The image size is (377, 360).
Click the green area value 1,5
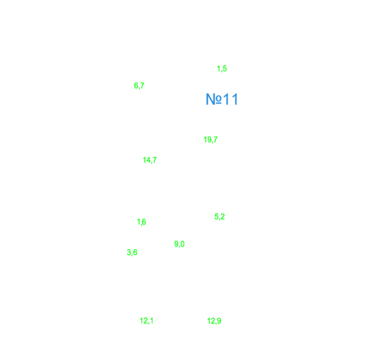tap(222, 69)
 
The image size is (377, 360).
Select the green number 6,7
tap(139, 86)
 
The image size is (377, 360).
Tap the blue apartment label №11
tap(222, 99)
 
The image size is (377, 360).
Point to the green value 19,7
tap(210, 140)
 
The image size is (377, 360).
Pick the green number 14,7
tap(149, 160)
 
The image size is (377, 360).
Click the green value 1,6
tap(142, 222)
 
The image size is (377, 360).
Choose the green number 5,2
tap(220, 216)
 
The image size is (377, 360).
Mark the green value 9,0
tap(180, 244)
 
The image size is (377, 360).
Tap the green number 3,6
tap(132, 252)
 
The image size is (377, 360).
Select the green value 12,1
tap(147, 321)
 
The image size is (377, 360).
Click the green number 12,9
tap(214, 321)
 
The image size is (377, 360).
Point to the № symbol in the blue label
tap(214, 99)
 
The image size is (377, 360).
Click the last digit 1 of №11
tap(235, 99)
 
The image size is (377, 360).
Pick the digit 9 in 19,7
tap(208, 140)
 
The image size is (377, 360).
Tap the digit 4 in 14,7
tap(148, 160)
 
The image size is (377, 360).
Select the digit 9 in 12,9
tap(219, 321)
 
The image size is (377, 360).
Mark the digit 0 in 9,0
tap(182, 244)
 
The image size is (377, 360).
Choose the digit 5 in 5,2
tap(216, 216)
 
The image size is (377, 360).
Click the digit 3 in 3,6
tap(129, 252)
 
